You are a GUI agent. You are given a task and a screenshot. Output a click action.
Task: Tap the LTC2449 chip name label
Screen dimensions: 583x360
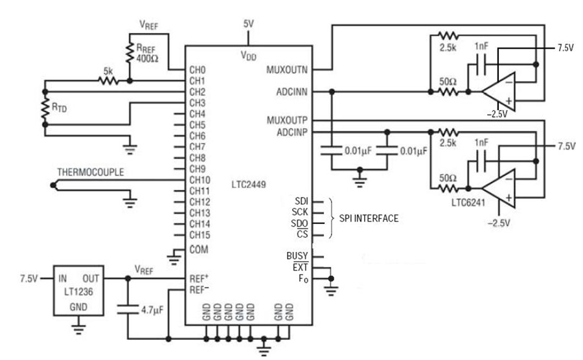[248, 185]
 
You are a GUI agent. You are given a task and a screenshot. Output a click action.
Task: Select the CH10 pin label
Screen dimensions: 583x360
[200, 180]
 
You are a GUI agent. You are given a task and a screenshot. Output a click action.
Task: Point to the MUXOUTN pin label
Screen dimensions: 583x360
[287, 69]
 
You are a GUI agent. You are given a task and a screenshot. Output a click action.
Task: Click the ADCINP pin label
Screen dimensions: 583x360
[292, 132]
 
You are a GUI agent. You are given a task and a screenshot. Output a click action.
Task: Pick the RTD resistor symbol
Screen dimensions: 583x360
[45, 108]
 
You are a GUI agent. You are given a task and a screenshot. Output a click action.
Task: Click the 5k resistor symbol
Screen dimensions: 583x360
[108, 81]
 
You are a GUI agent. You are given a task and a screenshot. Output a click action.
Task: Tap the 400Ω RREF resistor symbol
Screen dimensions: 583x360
[130, 52]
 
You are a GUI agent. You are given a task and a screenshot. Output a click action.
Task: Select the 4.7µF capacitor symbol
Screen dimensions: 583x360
[128, 309]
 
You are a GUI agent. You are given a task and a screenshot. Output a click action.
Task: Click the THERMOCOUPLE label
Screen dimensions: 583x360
[90, 172]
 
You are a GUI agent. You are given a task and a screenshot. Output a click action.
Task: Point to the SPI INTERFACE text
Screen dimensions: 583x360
[369, 218]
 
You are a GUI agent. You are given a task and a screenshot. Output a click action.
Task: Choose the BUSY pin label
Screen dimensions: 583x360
[297, 256]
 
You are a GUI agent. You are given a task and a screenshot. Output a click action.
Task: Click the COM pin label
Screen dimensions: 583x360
[199, 249]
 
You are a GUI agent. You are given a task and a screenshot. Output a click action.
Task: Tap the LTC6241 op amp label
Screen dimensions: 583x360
[468, 203]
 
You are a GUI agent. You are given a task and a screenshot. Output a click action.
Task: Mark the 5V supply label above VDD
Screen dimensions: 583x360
[248, 24]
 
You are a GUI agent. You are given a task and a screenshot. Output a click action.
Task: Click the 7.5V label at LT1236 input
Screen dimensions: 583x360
[29, 278]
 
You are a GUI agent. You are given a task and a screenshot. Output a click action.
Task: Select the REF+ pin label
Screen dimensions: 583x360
[199, 278]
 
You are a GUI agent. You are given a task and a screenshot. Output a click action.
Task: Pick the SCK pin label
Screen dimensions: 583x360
[300, 212]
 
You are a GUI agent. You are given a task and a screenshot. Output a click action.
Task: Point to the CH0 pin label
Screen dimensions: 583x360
[198, 70]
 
